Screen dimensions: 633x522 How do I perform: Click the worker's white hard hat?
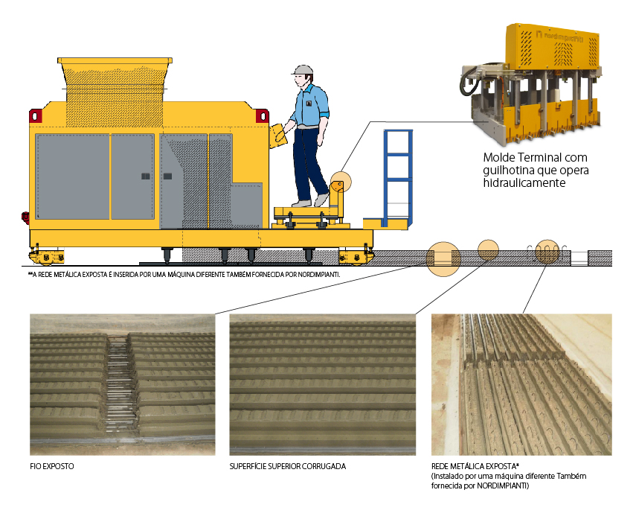(303, 70)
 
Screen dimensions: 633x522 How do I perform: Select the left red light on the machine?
(35, 116)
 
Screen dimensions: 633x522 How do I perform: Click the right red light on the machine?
(263, 116)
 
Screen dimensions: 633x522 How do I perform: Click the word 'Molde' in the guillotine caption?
(499, 157)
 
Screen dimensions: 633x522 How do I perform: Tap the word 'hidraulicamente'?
(524, 182)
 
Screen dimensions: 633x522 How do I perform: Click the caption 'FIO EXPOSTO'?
(51, 466)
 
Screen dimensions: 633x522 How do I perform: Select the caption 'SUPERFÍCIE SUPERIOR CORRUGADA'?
(287, 466)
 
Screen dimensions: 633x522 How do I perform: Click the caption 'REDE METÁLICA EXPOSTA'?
(474, 466)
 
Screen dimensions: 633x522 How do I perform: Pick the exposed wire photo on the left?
(122, 385)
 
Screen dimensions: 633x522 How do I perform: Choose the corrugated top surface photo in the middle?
(323, 385)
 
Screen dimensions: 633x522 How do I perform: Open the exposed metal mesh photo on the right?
(521, 385)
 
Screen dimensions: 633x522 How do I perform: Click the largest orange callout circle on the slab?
(443, 259)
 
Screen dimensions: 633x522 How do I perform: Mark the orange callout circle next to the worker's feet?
(341, 182)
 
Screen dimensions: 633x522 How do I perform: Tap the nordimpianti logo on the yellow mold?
(560, 36)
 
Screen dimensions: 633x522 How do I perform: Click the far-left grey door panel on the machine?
(72, 176)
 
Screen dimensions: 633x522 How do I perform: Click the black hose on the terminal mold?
(469, 82)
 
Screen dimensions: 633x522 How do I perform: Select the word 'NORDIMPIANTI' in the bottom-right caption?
(502, 486)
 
